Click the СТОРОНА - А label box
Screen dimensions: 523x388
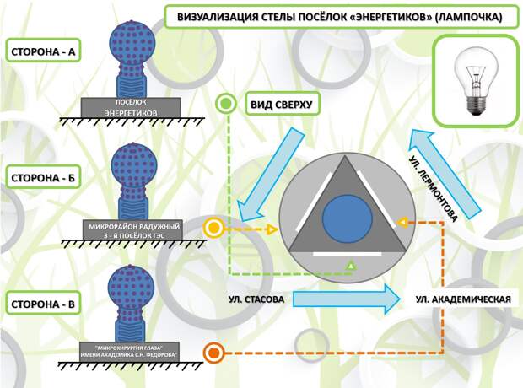coord(43,51)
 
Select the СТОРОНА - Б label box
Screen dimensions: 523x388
coord(43,178)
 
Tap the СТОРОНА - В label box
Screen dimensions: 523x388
coord(43,304)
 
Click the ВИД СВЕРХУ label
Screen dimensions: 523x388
coord(282,105)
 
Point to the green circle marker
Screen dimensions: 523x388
coord(226,104)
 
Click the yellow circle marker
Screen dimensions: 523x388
coord(213,229)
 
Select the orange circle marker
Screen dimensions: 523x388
coord(213,353)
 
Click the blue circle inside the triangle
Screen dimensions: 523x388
coord(348,218)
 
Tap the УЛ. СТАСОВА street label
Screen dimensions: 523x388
coord(256,299)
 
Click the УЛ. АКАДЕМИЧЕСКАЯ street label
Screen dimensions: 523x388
coord(463,299)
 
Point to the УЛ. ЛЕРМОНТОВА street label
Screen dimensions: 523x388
coord(433,188)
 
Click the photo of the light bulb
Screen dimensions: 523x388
coord(474,82)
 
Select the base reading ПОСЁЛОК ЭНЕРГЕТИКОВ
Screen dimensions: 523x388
coord(131,107)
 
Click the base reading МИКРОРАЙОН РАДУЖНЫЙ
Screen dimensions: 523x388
coord(133,230)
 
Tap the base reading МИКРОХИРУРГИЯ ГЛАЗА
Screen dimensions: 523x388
coord(129,351)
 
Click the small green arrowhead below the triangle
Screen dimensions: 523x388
coord(351,266)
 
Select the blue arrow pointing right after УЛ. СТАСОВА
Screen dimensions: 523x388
coord(346,299)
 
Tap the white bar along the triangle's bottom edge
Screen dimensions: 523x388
coord(348,255)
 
